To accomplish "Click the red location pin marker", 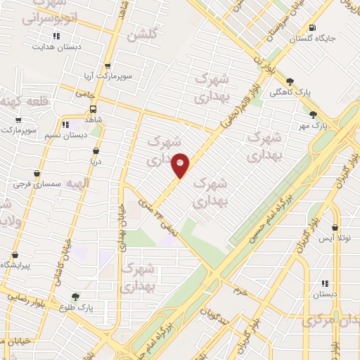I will coord(181,165).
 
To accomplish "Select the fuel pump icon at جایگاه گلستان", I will coord(311,28).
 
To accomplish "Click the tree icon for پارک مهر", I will coord(313,115).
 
